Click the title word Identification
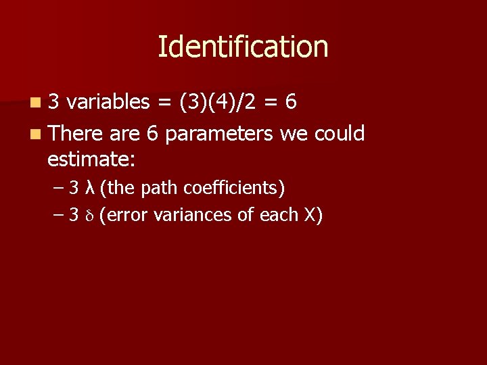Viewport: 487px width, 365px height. (243, 47)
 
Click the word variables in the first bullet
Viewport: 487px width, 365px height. (108, 102)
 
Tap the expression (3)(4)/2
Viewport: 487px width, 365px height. (217, 102)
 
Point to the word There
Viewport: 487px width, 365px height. (76, 133)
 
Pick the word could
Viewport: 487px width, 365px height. (340, 133)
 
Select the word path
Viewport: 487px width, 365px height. (156, 187)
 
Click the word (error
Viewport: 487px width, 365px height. (124, 216)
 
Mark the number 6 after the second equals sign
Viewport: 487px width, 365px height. (291, 102)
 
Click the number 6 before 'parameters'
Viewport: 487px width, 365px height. (152, 134)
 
